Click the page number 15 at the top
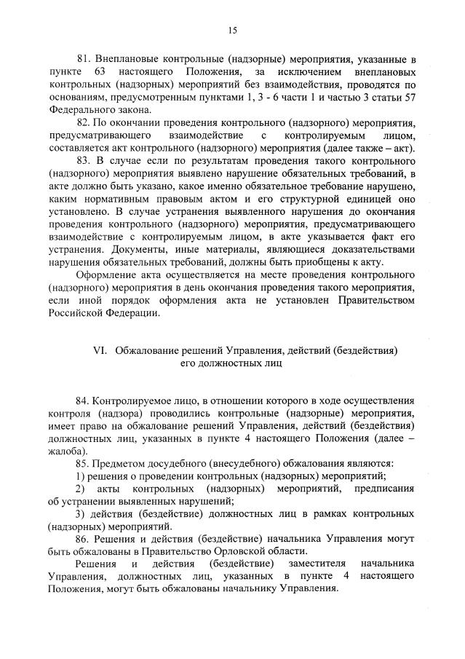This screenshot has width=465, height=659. pos(232,30)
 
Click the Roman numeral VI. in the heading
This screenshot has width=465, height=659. pos(100,350)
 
